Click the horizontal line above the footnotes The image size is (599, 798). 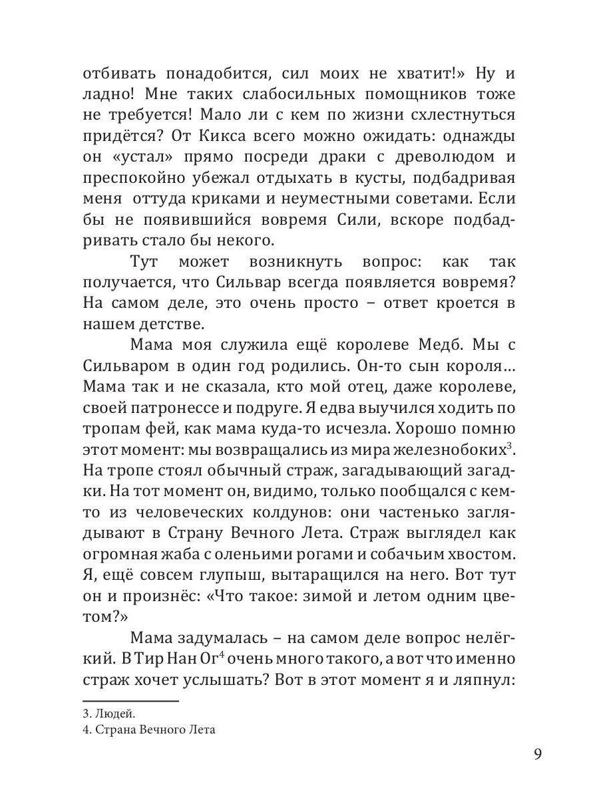tap(130, 701)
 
